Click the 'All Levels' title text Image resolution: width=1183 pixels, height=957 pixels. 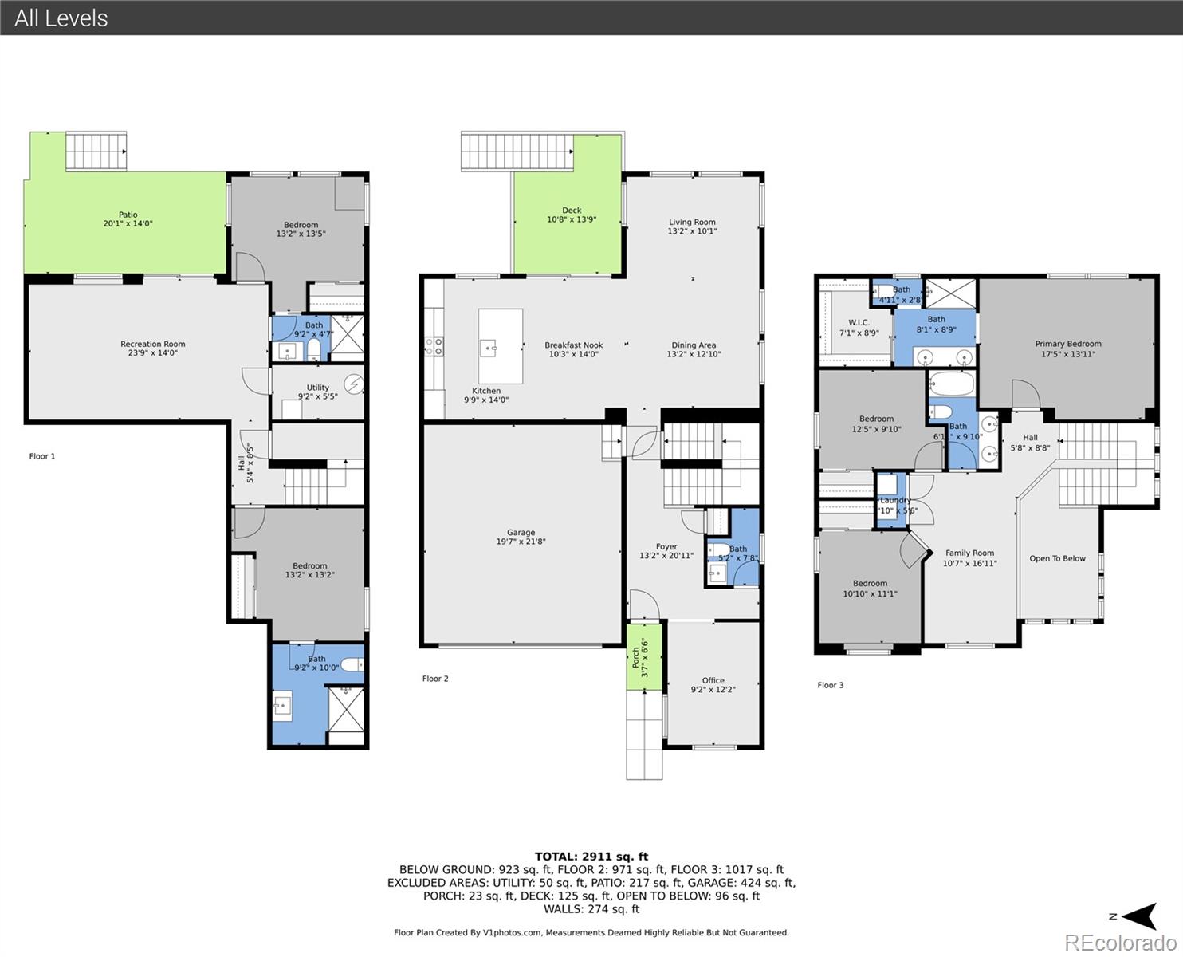click(61, 18)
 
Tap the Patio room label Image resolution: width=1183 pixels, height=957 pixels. click(128, 219)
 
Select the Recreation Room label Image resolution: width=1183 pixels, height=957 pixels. click(152, 349)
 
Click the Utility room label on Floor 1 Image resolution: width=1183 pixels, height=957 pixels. click(318, 392)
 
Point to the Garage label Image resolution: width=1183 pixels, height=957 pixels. click(521, 537)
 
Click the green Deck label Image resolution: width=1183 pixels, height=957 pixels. click(572, 215)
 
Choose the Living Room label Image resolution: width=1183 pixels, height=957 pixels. click(692, 226)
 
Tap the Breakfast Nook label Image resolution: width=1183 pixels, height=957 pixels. click(573, 349)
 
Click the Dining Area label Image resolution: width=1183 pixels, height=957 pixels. click(694, 349)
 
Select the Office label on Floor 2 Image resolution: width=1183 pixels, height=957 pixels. click(713, 685)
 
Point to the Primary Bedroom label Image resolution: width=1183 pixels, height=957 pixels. click(1067, 349)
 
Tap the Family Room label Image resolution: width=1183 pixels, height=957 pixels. click(969, 557)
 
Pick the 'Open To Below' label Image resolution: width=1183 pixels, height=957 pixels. click(1057, 558)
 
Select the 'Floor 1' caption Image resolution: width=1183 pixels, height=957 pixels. click(42, 456)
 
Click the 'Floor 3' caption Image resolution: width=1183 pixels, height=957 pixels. click(830, 685)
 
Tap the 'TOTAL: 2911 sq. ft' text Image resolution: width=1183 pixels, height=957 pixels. click(591, 857)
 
